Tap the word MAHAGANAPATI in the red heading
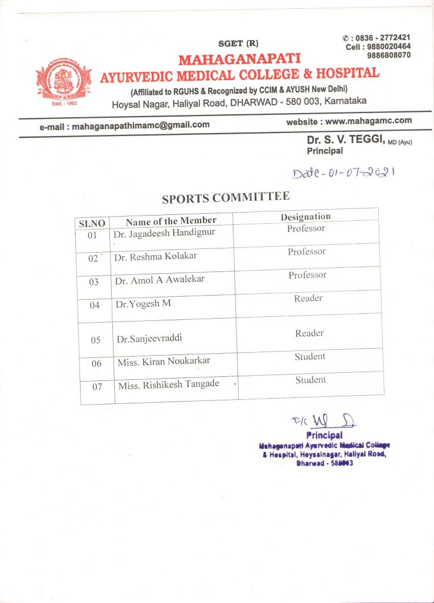click(239, 59)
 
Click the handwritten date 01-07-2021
click(343, 173)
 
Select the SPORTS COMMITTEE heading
click(226, 198)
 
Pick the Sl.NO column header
click(92, 224)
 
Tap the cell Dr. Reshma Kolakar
click(156, 257)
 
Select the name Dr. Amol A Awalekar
click(159, 280)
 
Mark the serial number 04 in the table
click(95, 305)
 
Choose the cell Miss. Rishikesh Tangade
click(168, 385)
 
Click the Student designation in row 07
click(311, 380)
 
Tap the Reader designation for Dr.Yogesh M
click(308, 299)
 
